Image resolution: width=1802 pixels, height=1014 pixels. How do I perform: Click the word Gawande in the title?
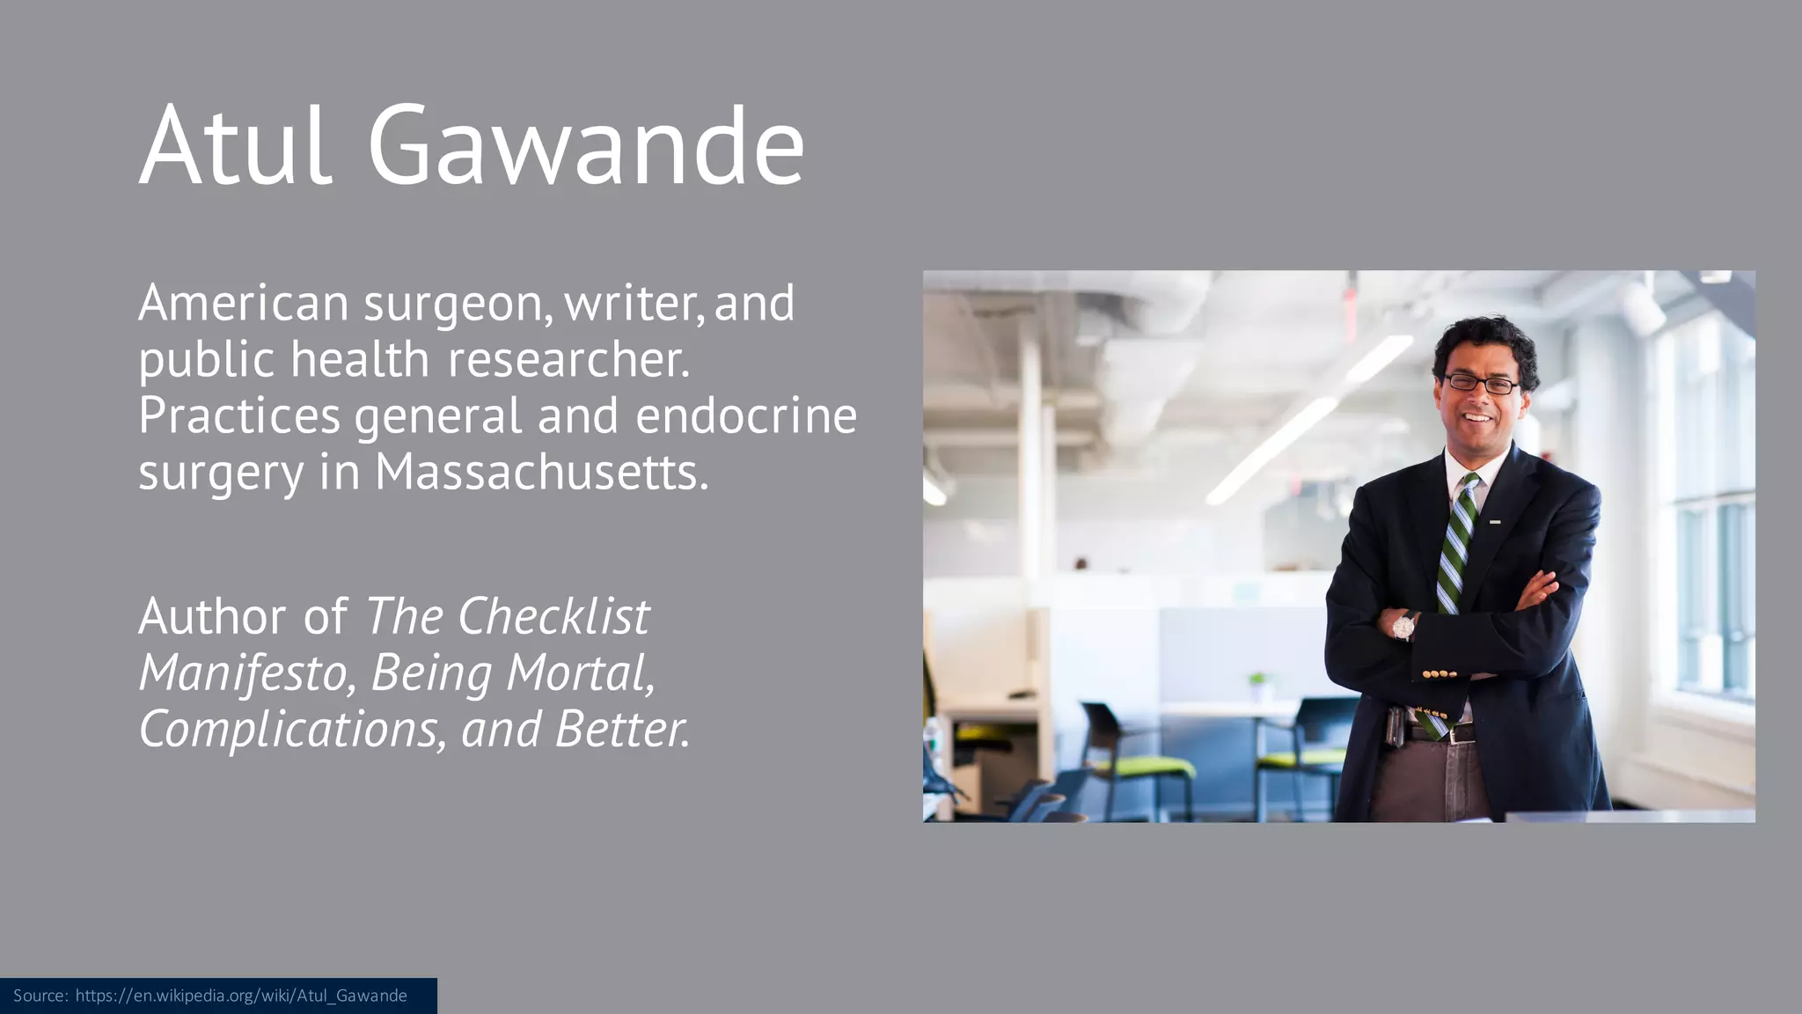(x=585, y=145)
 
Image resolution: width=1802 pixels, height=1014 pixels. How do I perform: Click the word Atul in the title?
(x=236, y=145)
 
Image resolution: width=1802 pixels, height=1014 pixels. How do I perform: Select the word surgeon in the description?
(x=458, y=305)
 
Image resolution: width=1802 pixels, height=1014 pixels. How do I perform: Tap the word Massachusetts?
(x=541, y=473)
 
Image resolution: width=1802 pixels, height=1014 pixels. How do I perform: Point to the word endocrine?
(x=746, y=415)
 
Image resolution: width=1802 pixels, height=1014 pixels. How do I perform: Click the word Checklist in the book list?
(x=553, y=616)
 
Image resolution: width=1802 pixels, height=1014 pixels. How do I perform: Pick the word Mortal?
(x=581, y=673)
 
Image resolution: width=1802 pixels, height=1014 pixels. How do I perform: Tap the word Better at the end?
(x=620, y=730)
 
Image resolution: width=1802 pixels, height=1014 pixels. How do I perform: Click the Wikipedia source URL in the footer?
(x=241, y=996)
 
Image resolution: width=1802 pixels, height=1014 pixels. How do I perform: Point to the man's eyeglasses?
(x=1482, y=384)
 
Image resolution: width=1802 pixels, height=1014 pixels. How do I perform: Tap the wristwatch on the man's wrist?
(x=1403, y=627)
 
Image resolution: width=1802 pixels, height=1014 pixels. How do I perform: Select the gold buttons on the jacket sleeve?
(x=1439, y=674)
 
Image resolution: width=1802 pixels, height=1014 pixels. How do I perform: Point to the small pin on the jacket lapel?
(x=1495, y=522)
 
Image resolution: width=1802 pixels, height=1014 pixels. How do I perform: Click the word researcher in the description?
(x=568, y=360)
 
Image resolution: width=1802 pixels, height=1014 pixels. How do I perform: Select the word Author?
(x=212, y=616)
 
